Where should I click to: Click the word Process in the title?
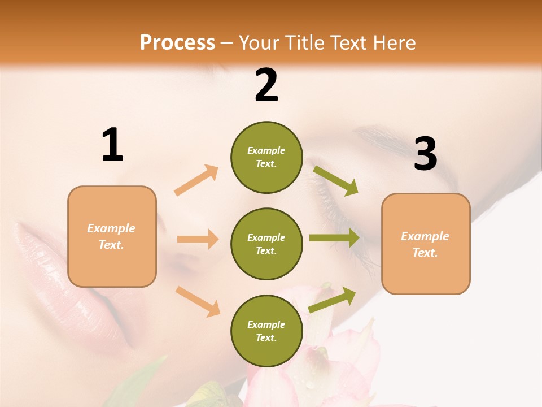(x=177, y=42)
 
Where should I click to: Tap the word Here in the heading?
(x=395, y=42)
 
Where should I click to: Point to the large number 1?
(x=112, y=145)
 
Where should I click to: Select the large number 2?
(x=266, y=85)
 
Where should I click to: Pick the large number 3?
(x=425, y=154)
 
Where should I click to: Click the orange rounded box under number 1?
(x=112, y=236)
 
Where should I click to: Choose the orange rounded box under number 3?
(x=426, y=244)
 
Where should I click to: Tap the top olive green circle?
(x=266, y=157)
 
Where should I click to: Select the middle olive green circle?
(x=266, y=244)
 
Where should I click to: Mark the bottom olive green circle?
(x=266, y=331)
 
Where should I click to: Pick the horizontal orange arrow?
(x=198, y=239)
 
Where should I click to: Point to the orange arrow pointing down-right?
(x=198, y=301)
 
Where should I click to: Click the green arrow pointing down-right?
(x=336, y=180)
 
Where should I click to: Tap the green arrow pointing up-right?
(x=332, y=300)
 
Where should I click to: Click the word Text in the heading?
(x=349, y=42)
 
